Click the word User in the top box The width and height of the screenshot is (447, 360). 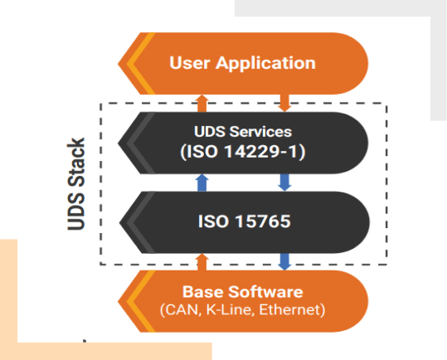point(190,63)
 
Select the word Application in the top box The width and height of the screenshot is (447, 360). point(265,63)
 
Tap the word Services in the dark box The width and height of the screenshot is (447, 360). point(260,132)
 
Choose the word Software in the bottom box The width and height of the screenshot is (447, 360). point(265,292)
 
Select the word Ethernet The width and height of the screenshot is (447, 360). point(289,310)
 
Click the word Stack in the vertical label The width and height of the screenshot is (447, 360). point(76,162)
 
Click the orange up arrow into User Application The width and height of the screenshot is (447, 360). point(202,103)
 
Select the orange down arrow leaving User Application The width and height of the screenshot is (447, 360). point(284,103)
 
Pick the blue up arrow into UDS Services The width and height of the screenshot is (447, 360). point(202,182)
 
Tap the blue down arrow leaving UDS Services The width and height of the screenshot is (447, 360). point(284,182)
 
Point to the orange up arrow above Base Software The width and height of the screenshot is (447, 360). point(202,262)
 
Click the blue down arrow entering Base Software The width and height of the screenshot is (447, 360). point(284,262)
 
